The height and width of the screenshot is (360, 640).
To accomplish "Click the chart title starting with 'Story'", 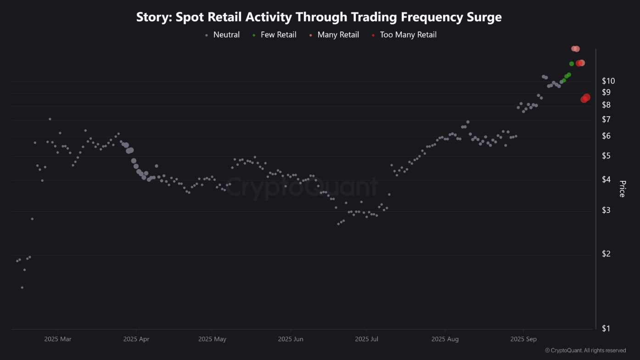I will click(x=319, y=17).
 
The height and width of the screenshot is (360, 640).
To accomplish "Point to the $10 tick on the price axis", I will click(x=608, y=81).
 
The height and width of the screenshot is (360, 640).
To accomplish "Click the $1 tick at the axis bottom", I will click(x=606, y=328).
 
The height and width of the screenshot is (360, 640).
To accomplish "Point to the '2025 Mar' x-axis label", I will click(x=58, y=339).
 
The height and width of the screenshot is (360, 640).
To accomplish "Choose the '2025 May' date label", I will click(x=212, y=339).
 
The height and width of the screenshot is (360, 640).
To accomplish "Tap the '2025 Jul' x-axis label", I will click(x=366, y=339).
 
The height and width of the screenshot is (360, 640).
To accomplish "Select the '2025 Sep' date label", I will click(x=523, y=339).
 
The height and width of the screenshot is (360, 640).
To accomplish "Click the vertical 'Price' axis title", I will click(x=622, y=189).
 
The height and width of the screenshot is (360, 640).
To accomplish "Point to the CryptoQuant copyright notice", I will click(x=585, y=350).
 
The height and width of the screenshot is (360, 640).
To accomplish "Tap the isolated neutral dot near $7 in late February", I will click(x=50, y=119).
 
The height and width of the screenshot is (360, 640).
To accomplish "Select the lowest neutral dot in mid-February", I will click(x=22, y=287).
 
